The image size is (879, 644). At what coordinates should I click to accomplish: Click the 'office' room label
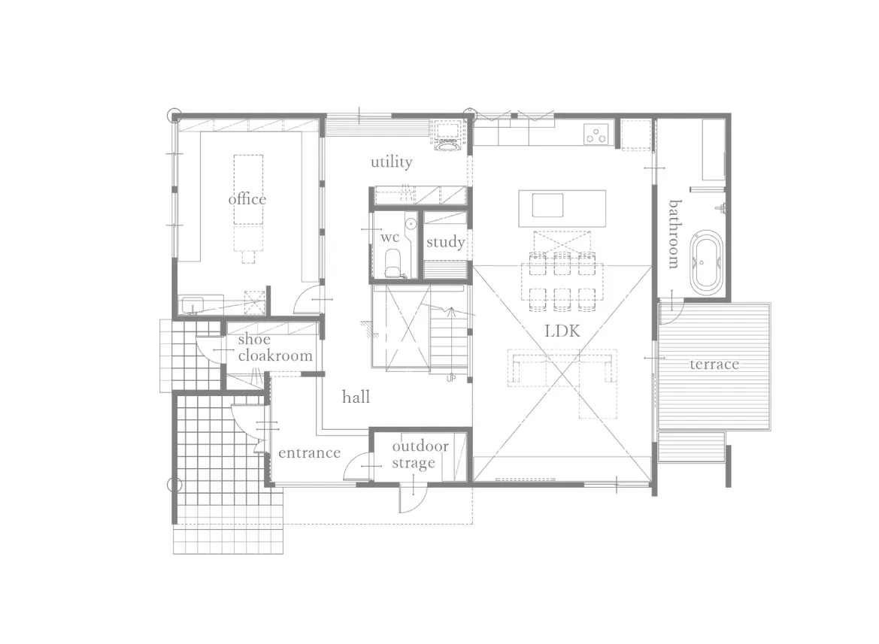click(247, 199)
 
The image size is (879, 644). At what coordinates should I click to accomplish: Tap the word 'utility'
click(391, 162)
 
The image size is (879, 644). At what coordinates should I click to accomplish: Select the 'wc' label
click(389, 237)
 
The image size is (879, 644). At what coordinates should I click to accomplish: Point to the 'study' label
click(446, 243)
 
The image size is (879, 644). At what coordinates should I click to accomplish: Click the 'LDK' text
click(562, 331)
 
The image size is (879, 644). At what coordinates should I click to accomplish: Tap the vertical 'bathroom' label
click(674, 234)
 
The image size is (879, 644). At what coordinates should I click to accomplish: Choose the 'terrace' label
click(714, 364)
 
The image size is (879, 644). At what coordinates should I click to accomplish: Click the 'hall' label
click(356, 397)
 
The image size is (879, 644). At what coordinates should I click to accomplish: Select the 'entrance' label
click(310, 452)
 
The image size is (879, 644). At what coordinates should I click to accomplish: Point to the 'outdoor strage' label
click(420, 454)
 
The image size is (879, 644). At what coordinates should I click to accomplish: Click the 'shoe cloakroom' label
click(275, 347)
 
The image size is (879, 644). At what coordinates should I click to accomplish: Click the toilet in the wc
click(393, 263)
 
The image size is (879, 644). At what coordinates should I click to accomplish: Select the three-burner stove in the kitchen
click(596, 134)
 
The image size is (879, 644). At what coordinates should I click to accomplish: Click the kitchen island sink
click(547, 205)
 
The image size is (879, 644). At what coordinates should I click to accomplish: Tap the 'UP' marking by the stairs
click(451, 379)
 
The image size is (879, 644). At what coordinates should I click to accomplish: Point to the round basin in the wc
click(411, 224)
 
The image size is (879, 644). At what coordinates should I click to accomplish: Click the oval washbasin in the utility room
click(447, 147)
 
